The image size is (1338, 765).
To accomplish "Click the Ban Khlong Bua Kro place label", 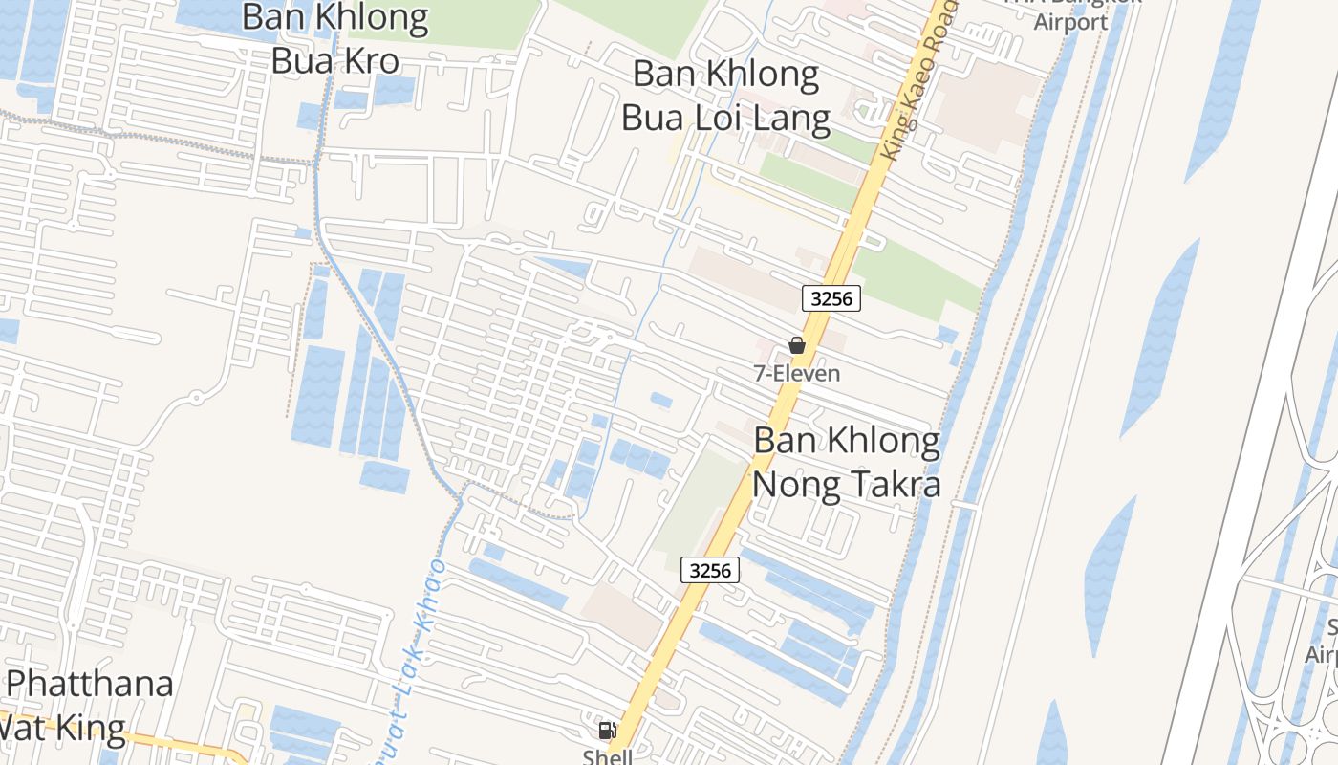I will (x=334, y=38).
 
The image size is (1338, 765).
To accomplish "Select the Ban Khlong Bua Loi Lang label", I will (x=726, y=96).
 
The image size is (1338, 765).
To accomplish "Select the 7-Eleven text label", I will (x=797, y=374).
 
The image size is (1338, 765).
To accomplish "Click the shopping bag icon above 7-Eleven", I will (x=797, y=345).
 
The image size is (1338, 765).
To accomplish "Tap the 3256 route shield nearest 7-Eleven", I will (x=831, y=298).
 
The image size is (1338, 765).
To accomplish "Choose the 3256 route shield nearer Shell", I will (x=710, y=571).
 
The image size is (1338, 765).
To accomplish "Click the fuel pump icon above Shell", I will (x=606, y=731).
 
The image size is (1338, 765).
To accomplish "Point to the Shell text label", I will (x=608, y=756).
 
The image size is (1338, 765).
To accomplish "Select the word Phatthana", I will (x=90, y=685).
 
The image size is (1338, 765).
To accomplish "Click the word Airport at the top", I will (x=1070, y=21).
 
